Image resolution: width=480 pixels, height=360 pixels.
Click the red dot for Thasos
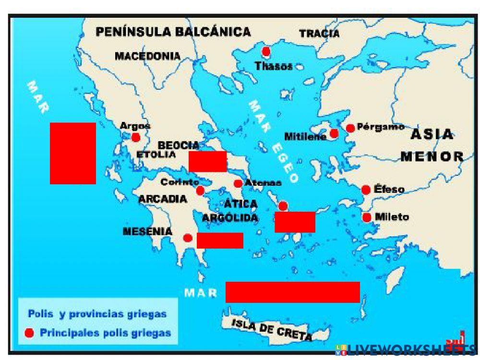[266, 51]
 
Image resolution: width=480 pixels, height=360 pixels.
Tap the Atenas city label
[263, 183]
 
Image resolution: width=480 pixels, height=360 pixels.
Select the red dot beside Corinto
[200, 191]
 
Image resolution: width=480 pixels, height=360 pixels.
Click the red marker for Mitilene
[334, 133]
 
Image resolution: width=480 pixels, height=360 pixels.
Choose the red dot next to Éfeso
[366, 190]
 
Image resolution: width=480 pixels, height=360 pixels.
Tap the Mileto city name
[392, 217]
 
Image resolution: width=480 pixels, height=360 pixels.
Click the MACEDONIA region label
[147, 56]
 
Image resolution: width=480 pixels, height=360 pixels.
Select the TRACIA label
[319, 34]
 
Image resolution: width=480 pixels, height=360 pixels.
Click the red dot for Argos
[136, 138]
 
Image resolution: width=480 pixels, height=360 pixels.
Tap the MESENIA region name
[147, 231]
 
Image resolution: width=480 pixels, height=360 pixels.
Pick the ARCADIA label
[163, 199]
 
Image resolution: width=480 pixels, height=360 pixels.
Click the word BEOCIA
[179, 145]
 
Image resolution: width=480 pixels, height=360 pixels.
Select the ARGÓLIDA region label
[230, 218]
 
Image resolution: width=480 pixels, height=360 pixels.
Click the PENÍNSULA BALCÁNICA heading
[173, 32]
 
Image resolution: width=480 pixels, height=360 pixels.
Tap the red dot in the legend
[29, 333]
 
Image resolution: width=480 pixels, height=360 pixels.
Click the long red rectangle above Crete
[292, 292]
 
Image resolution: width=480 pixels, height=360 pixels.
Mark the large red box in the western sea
[73, 153]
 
